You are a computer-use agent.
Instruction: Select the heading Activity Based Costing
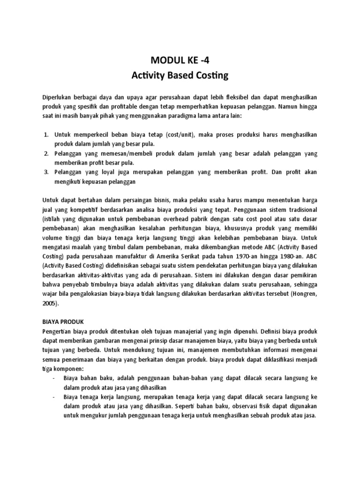click(180, 75)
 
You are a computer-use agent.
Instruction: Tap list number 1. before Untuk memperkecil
click(46, 135)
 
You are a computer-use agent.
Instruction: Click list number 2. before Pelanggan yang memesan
click(46, 153)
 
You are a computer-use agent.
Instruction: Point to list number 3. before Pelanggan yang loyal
click(46, 172)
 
